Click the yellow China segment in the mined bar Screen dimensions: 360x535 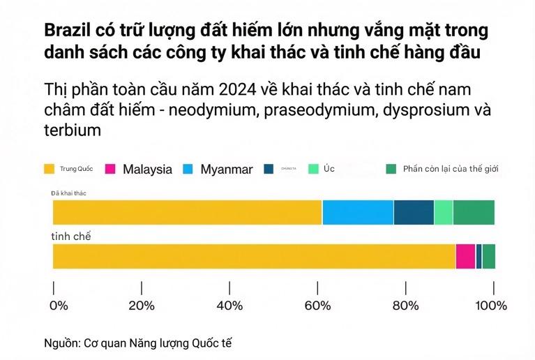pyautogui.click(x=187, y=212)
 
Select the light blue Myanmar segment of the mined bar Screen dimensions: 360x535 pyautogui.click(x=358, y=212)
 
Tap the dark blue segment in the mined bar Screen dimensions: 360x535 pyautogui.click(x=414, y=212)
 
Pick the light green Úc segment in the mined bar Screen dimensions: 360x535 pyautogui.click(x=443, y=212)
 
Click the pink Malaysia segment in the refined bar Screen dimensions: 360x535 pyautogui.click(x=465, y=256)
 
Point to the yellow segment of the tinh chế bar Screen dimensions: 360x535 pyautogui.click(x=254, y=256)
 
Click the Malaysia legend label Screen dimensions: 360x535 pyautogui.click(x=147, y=169)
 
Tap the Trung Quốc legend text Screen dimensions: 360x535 pyautogui.click(x=77, y=169)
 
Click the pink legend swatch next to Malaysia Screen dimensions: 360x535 pyautogui.click(x=110, y=169)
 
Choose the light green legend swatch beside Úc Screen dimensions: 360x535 pyautogui.click(x=313, y=169)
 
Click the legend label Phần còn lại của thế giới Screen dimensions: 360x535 pyautogui.click(x=451, y=169)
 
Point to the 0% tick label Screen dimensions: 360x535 pyautogui.click(x=59, y=306)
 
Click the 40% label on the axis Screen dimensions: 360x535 pyautogui.click(x=229, y=306)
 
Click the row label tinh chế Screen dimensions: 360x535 pyautogui.click(x=71, y=237)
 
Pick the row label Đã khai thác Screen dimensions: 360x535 pyautogui.click(x=68, y=192)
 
